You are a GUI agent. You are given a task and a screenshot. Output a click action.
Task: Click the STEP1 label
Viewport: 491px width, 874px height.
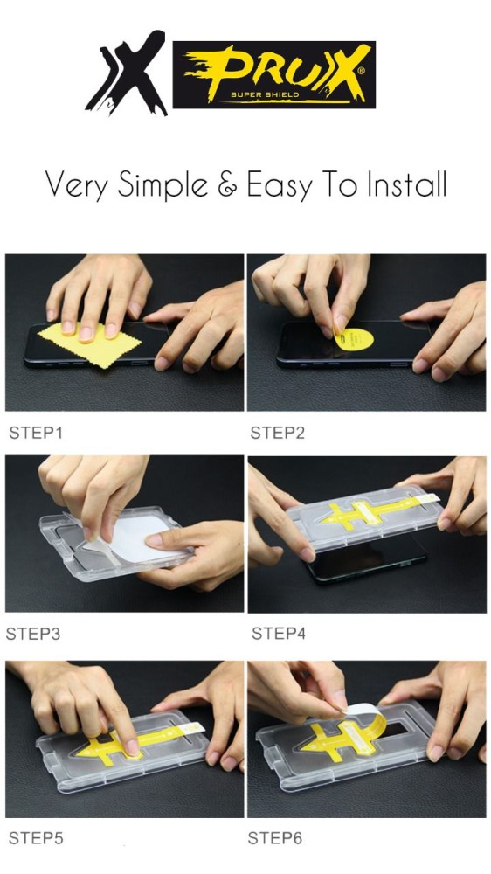tap(36, 433)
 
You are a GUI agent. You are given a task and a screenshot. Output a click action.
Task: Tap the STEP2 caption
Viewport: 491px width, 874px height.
tap(278, 433)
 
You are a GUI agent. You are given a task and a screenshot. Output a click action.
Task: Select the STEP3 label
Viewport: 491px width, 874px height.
tap(33, 634)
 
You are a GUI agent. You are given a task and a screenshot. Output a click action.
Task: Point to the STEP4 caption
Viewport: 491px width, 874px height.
tap(279, 633)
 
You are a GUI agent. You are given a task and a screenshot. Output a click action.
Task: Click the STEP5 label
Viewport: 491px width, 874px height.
tap(36, 838)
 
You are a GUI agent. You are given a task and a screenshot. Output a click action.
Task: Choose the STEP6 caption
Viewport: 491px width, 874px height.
tap(275, 838)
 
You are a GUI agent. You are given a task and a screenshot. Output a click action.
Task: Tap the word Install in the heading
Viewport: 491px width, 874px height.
tap(406, 184)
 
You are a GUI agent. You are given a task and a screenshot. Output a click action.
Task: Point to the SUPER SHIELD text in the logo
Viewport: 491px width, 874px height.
tap(266, 94)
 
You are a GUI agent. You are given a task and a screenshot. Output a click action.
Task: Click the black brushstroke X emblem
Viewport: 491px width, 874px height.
tap(128, 73)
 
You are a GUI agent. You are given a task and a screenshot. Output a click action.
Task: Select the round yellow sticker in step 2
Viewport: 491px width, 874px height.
tap(355, 339)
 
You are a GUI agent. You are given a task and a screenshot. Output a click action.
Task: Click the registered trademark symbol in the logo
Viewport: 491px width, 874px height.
tap(361, 71)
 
